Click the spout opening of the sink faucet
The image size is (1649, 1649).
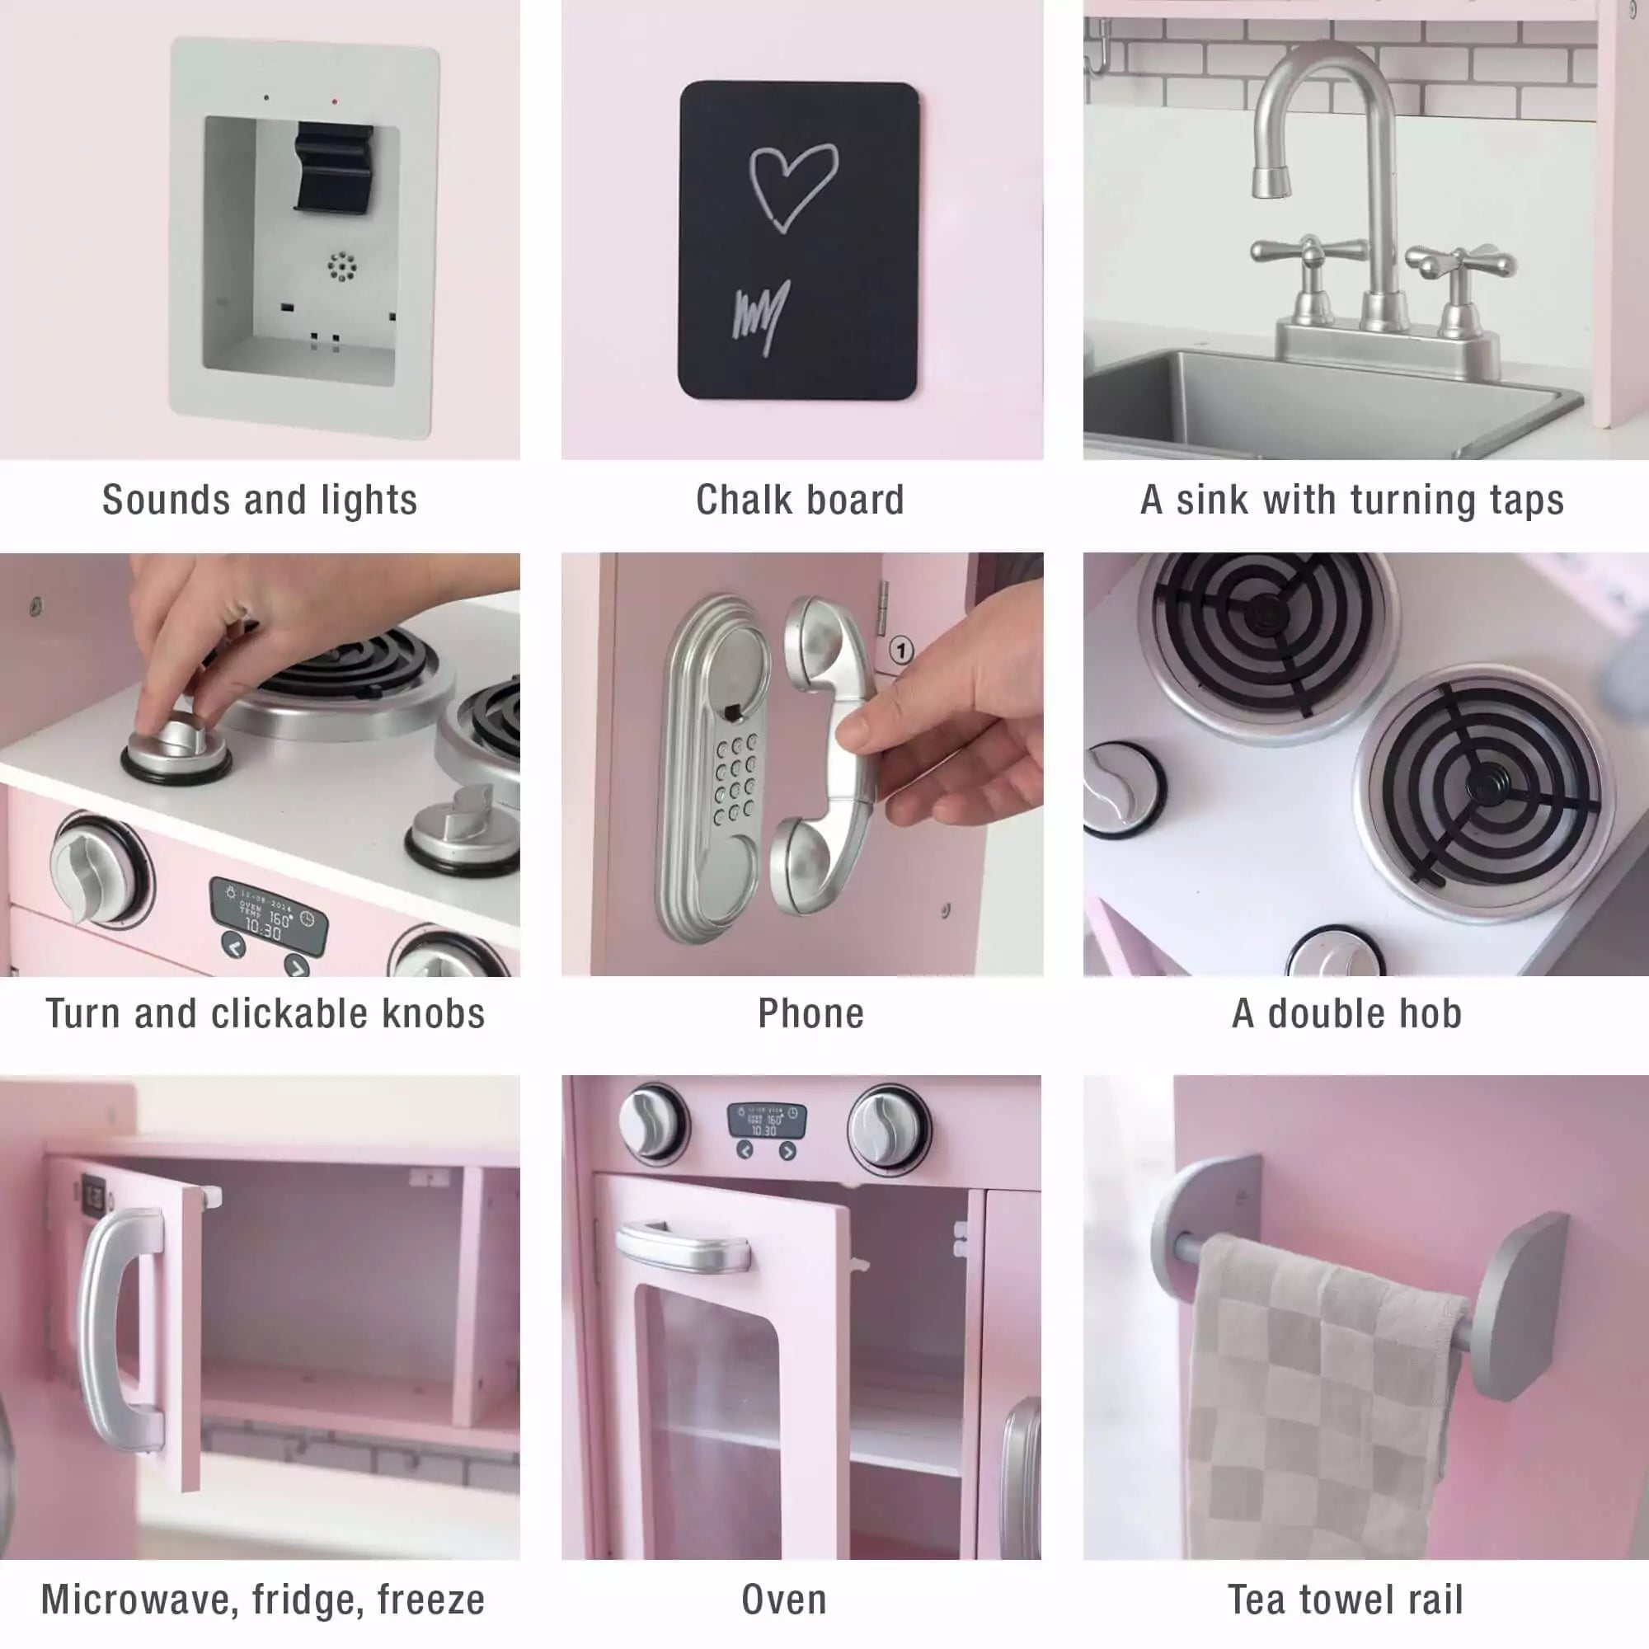(x=1271, y=181)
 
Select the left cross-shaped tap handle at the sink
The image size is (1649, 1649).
(x=1308, y=251)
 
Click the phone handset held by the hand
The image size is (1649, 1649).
(x=823, y=755)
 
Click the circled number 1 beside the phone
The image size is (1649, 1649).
(x=901, y=651)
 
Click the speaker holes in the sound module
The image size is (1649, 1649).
(x=341, y=267)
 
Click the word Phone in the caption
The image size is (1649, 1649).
(x=810, y=1014)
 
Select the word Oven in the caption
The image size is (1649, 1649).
(x=783, y=1600)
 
